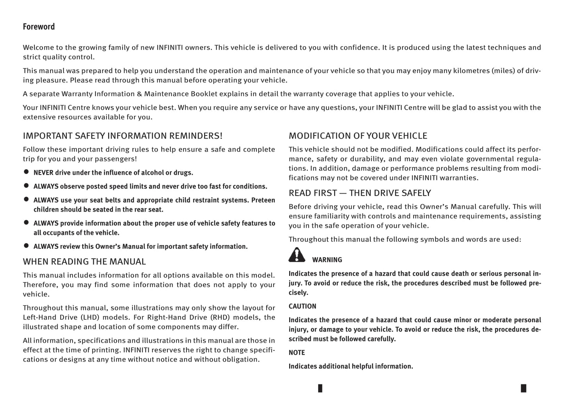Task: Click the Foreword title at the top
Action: click(39, 27)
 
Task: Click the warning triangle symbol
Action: click(297, 255)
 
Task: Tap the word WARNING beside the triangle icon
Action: click(327, 260)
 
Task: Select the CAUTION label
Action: click(302, 306)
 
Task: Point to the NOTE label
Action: click(297, 352)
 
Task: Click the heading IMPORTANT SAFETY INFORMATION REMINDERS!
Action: click(123, 136)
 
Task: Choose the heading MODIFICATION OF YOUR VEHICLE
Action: click(358, 136)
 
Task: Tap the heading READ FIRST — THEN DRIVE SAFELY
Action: click(360, 193)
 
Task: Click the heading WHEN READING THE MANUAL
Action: click(84, 262)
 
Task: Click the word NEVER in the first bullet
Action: click(43, 173)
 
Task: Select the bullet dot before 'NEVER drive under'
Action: click(27, 171)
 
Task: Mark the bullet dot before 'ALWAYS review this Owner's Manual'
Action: click(27, 246)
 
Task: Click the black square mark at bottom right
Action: click(523, 388)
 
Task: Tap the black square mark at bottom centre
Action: click(320, 388)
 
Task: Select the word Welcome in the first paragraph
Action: click(37, 48)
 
